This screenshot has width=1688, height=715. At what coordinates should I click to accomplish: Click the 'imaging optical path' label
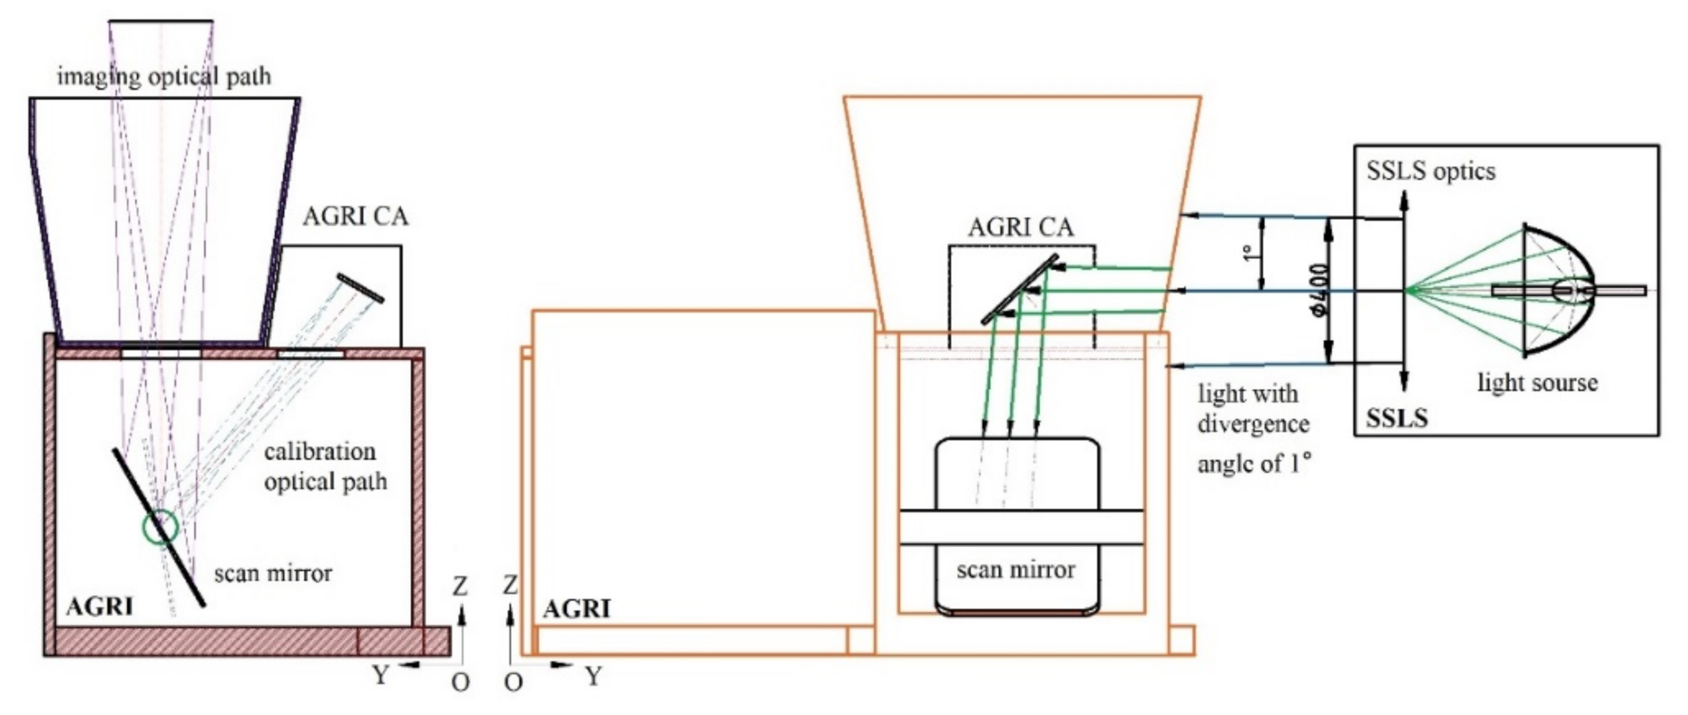point(164,77)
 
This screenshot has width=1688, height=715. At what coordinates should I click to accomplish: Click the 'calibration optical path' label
point(325,466)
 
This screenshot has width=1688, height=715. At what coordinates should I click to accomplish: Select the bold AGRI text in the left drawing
point(100,607)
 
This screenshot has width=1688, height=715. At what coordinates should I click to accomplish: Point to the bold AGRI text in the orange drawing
point(576,609)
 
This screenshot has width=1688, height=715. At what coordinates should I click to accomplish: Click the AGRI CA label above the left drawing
point(355,217)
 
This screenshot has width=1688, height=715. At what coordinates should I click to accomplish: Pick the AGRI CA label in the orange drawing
point(1020,227)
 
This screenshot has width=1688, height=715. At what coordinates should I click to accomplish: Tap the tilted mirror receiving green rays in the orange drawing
point(1019,289)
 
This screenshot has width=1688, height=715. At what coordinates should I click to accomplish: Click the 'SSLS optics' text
point(1430,172)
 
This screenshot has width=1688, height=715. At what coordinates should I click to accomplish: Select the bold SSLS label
point(1396,418)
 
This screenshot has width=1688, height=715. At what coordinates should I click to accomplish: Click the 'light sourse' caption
point(1537,382)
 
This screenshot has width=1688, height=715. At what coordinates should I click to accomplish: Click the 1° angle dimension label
point(1247,253)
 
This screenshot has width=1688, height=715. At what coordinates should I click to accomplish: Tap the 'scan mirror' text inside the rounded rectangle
point(1015,570)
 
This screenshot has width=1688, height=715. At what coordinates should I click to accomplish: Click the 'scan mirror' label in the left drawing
point(273,574)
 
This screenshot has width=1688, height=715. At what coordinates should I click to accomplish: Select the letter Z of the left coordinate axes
point(460,586)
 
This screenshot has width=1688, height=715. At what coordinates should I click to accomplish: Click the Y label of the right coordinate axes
point(593,676)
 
